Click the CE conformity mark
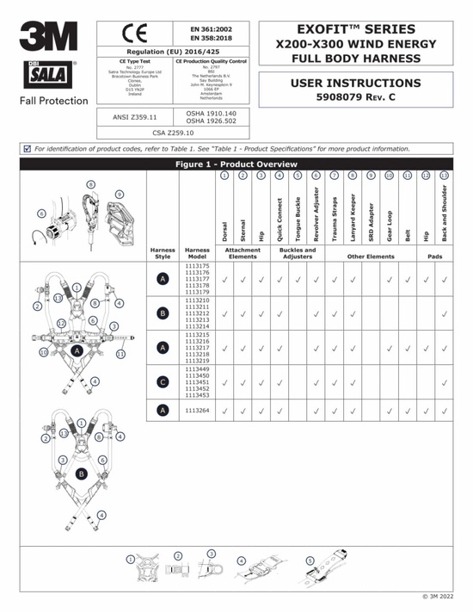click(137, 34)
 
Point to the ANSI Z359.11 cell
click(136, 115)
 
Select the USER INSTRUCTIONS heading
click(355, 84)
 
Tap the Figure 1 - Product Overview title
click(236, 164)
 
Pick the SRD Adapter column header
click(371, 220)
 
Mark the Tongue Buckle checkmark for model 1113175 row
click(298, 279)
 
